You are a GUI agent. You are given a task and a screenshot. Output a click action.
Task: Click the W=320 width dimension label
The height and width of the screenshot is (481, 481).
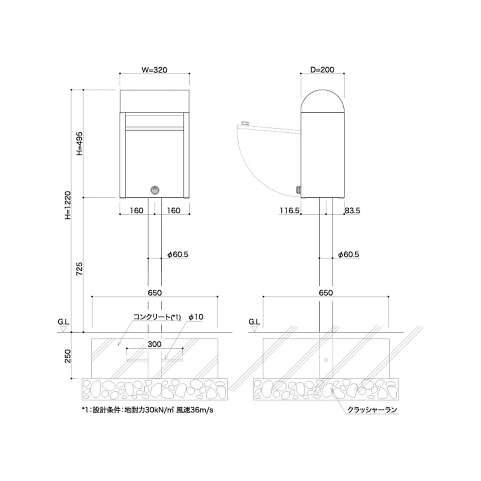(155, 69)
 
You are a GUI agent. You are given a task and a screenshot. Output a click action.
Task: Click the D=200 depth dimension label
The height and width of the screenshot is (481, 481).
(322, 69)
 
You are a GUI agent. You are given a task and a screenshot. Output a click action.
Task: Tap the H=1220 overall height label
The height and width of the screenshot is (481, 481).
(67, 206)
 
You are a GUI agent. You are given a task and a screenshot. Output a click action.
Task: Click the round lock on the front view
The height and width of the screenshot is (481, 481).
(155, 190)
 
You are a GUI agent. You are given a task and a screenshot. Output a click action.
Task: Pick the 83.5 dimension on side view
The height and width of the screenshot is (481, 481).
(352, 210)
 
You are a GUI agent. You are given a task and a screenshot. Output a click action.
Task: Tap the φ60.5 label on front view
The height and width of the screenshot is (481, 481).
(178, 254)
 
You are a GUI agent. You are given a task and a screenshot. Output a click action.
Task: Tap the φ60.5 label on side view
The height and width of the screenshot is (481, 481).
(348, 254)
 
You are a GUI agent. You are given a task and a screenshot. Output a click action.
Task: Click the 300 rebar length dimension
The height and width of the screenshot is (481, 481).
(155, 344)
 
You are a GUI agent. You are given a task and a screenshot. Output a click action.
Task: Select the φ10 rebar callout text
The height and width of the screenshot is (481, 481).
(196, 317)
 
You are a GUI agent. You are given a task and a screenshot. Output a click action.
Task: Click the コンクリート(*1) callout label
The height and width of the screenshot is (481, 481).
(157, 317)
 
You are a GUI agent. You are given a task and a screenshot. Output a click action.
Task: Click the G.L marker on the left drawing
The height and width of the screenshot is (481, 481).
(64, 324)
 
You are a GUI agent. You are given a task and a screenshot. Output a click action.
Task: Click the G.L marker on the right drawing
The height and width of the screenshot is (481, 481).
(254, 324)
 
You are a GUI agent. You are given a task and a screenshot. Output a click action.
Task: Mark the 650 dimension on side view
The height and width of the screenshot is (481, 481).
(326, 293)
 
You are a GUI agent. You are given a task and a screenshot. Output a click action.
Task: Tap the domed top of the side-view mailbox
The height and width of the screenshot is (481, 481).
(322, 99)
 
